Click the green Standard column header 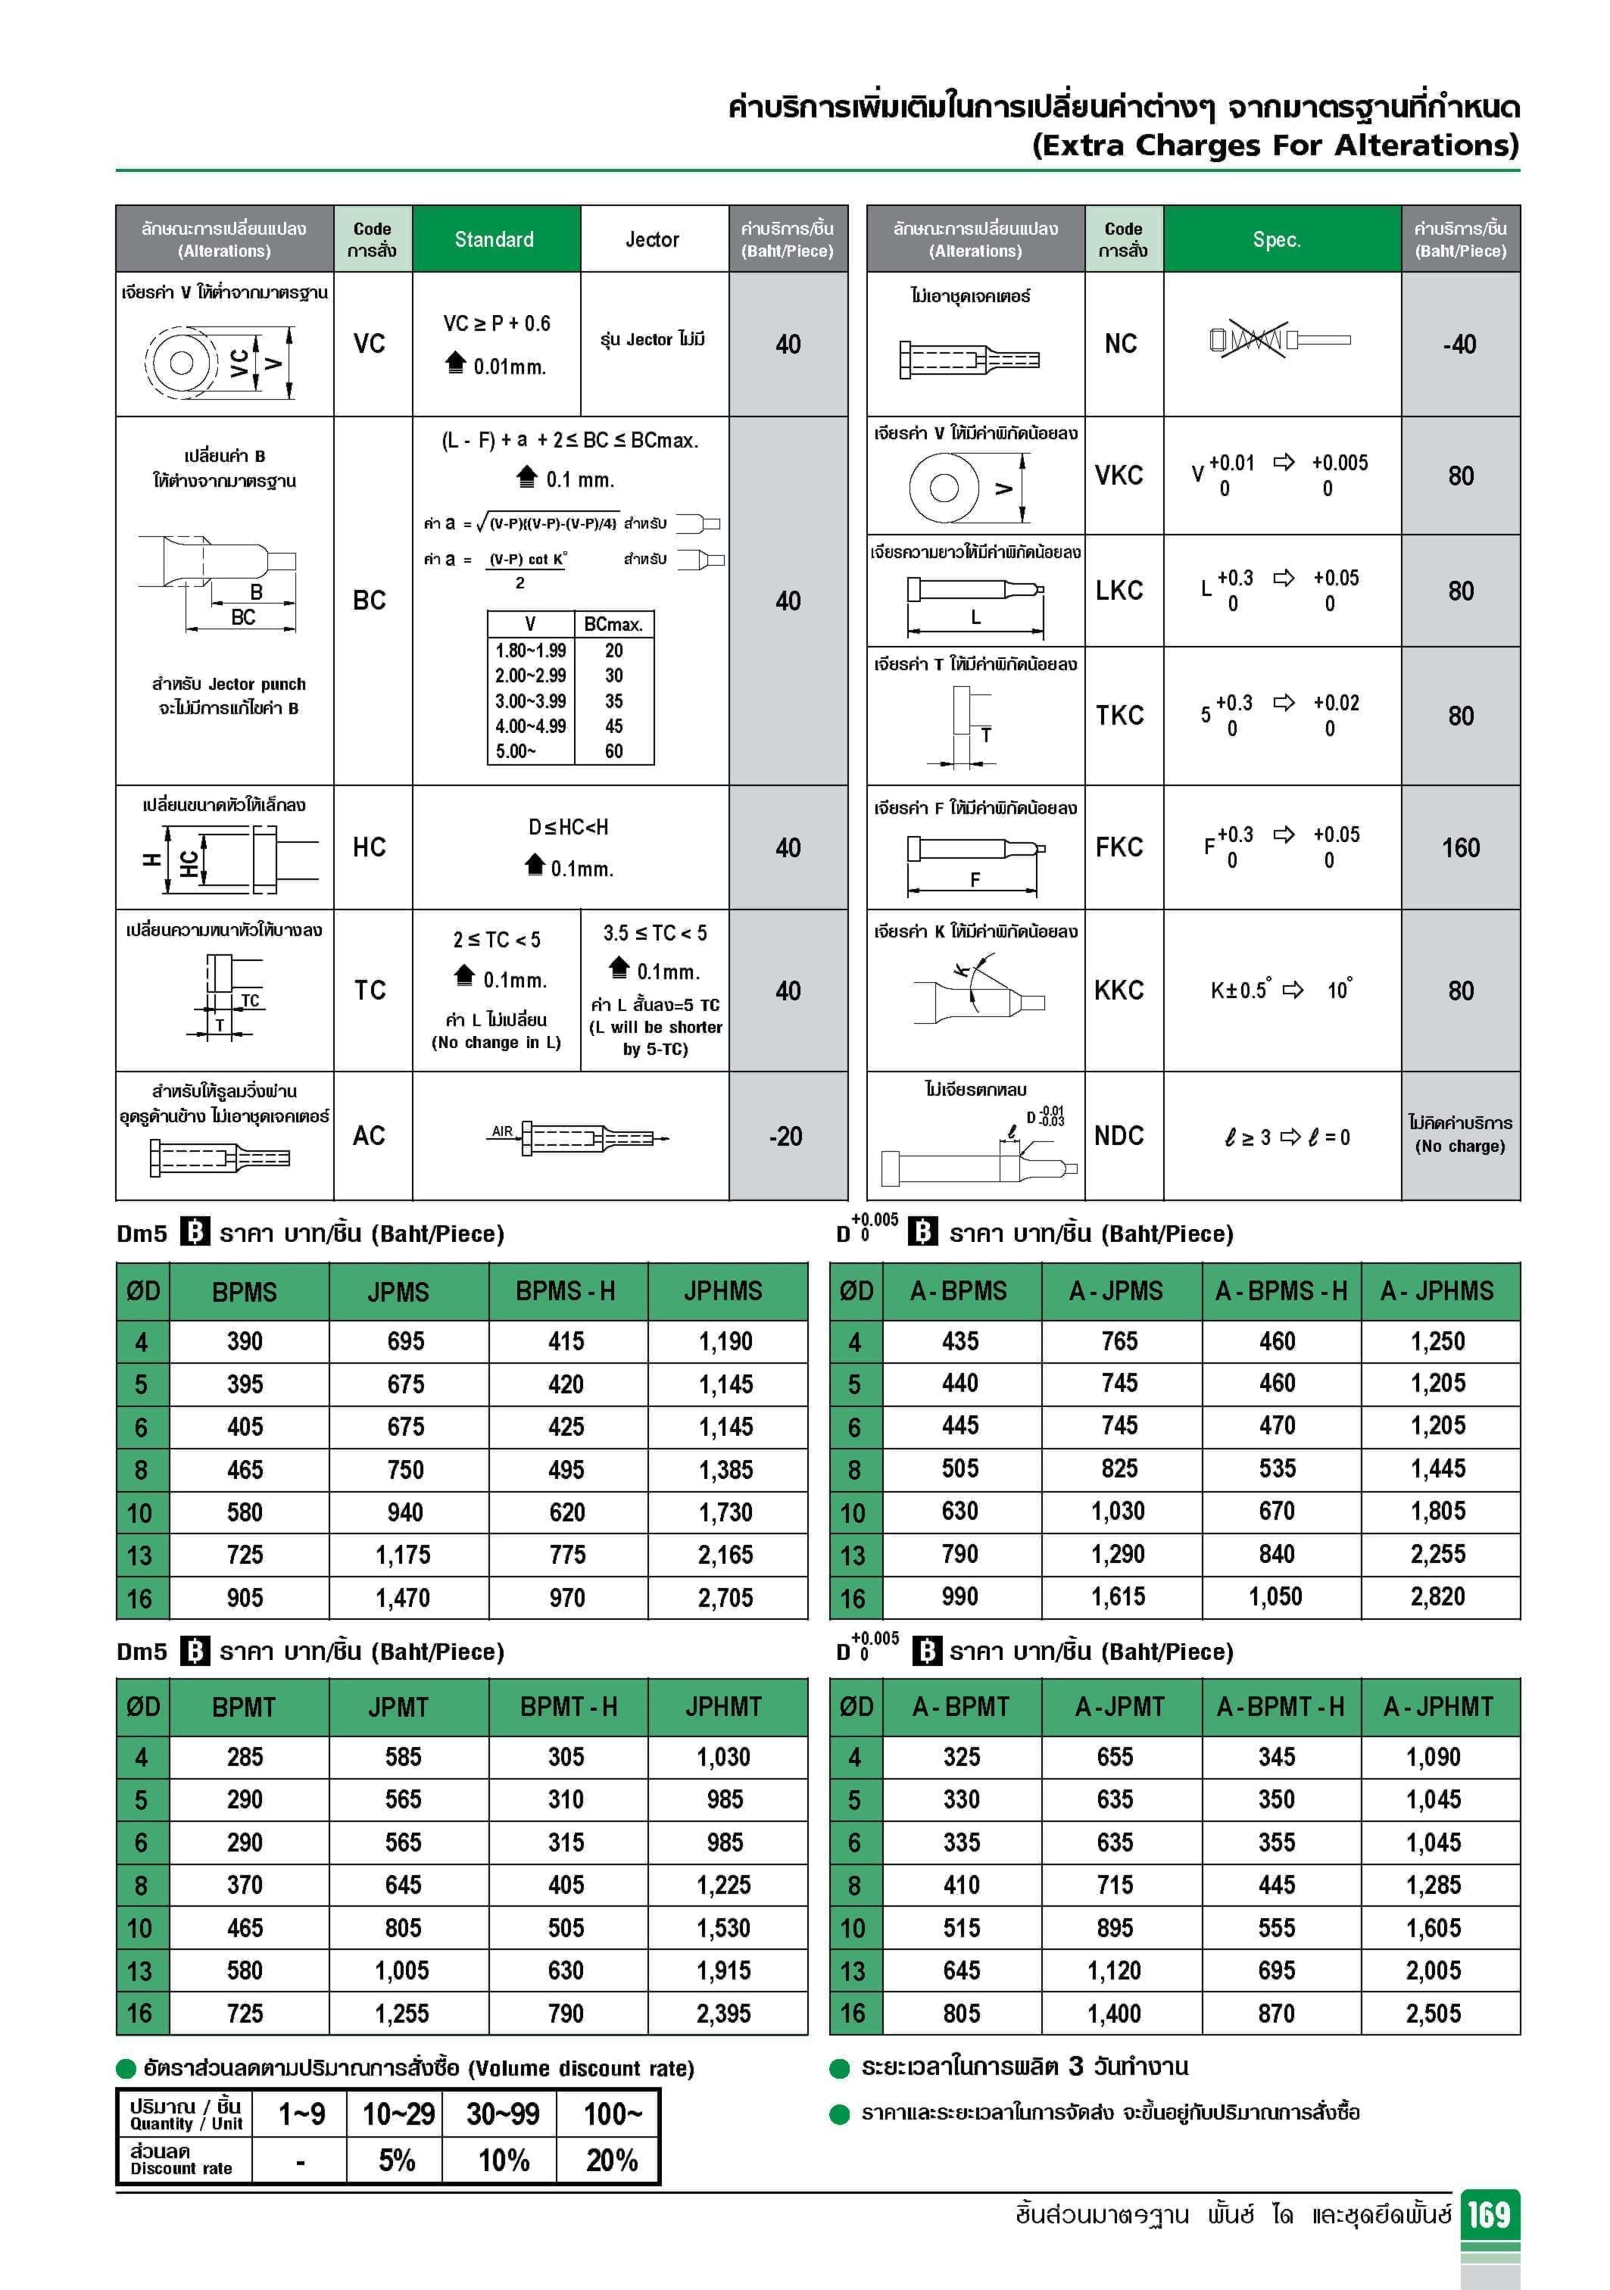tap(495, 239)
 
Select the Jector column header tap(652, 239)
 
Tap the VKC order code tap(1120, 476)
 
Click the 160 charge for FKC tap(1460, 848)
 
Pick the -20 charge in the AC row tap(786, 1136)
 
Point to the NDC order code tap(1119, 1136)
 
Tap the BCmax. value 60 tap(613, 751)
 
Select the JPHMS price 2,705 tap(725, 1598)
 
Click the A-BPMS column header tap(959, 1290)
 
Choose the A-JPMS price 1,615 tap(1119, 1597)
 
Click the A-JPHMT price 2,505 tap(1434, 2013)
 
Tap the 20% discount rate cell tap(611, 2161)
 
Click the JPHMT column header tap(723, 1707)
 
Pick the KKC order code tap(1119, 991)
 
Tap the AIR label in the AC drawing tap(502, 1131)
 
